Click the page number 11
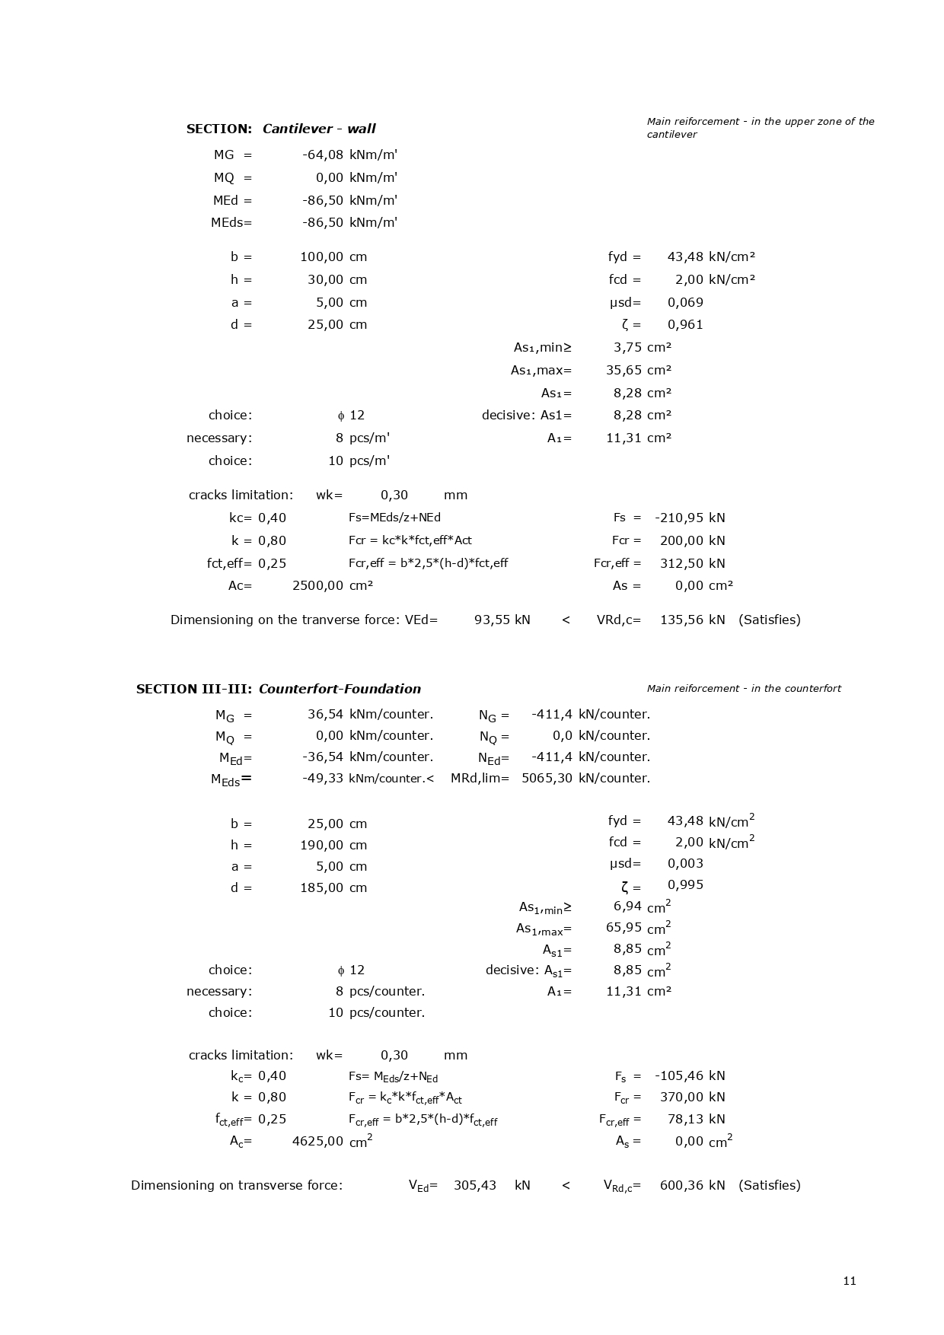click(x=850, y=1280)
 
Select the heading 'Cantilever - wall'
click(x=319, y=129)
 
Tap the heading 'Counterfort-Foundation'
click(x=340, y=689)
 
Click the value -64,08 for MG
click(x=323, y=155)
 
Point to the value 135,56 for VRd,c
click(x=681, y=620)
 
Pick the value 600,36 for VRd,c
click(x=681, y=1185)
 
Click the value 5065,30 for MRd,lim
click(x=547, y=778)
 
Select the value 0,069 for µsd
click(x=685, y=302)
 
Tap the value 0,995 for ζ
click(x=685, y=884)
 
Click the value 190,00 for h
click(x=322, y=845)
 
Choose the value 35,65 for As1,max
click(x=623, y=370)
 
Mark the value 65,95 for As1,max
click(x=623, y=927)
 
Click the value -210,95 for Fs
click(x=679, y=518)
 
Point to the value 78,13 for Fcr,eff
click(x=688, y=1119)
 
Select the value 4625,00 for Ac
click(x=317, y=1141)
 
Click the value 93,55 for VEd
click(x=493, y=620)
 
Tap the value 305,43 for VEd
click(x=475, y=1185)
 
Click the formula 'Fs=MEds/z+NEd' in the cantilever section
click(x=394, y=518)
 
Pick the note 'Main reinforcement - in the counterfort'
click(x=744, y=689)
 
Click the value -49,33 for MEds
click(x=323, y=778)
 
